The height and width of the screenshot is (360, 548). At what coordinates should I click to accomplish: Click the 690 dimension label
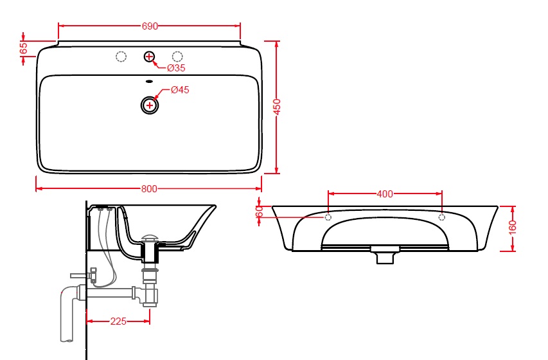click(x=150, y=26)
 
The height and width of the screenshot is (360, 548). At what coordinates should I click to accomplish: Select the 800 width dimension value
click(x=149, y=189)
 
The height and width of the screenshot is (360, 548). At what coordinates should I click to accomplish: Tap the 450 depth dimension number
click(x=277, y=107)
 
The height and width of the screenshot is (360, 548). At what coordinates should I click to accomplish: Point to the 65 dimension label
click(x=24, y=48)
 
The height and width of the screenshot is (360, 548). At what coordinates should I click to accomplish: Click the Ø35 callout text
click(x=176, y=68)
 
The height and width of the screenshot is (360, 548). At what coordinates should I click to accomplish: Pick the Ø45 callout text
click(x=180, y=90)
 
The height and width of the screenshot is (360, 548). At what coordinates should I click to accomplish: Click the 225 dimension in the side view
click(x=118, y=321)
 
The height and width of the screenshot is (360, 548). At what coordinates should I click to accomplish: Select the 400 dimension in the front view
click(x=385, y=194)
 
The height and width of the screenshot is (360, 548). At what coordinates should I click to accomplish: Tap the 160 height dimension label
click(x=513, y=228)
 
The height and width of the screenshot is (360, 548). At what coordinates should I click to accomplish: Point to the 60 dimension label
click(x=259, y=212)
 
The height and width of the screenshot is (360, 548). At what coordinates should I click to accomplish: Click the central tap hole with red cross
click(x=149, y=57)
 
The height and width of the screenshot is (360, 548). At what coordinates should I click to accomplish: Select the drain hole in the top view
click(x=150, y=105)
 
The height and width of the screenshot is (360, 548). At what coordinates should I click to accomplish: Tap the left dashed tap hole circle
click(x=121, y=57)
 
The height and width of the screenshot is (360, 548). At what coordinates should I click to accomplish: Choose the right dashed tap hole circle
click(x=177, y=57)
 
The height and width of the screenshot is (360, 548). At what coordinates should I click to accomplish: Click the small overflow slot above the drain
click(x=149, y=82)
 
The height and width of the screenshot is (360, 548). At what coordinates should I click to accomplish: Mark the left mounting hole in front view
click(x=328, y=218)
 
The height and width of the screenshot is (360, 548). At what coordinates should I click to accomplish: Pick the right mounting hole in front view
click(x=442, y=218)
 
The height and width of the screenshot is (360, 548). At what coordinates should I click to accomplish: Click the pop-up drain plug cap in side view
click(x=150, y=239)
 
